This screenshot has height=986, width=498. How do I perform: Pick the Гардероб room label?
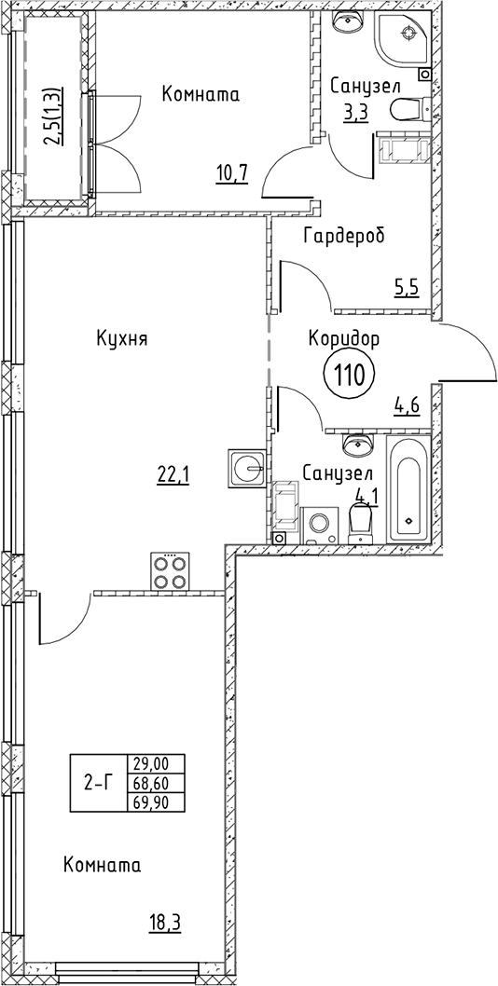tap(344, 236)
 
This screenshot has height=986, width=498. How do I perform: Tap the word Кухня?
tap(122, 339)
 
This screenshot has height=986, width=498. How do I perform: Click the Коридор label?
tap(344, 339)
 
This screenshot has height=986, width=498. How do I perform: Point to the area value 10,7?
tap(231, 171)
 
